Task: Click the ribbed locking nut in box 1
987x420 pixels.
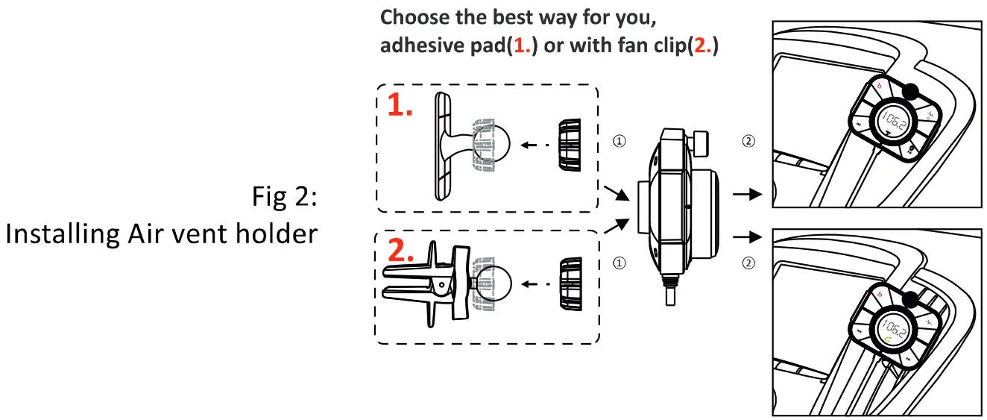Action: pyautogui.click(x=570, y=146)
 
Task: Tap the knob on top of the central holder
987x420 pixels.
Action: pyautogui.click(x=700, y=142)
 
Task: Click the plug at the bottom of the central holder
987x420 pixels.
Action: pyautogui.click(x=668, y=294)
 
